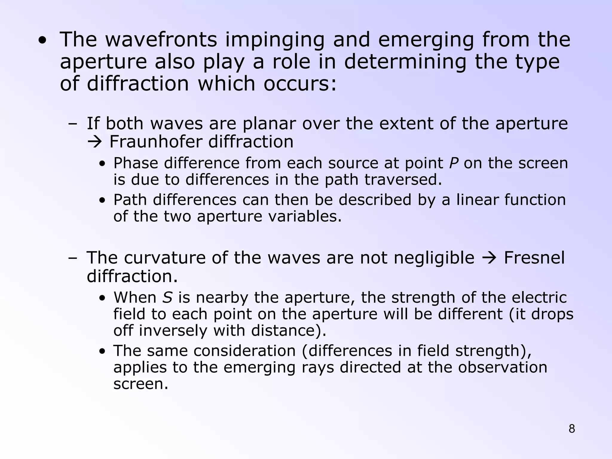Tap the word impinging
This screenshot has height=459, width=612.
click(x=275, y=40)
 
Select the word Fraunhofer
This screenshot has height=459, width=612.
click(x=155, y=142)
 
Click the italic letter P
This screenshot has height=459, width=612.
click(x=454, y=163)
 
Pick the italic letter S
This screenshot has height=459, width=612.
click(x=168, y=298)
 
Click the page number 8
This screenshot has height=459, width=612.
click(x=572, y=429)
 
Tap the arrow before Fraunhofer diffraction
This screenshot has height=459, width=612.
click(x=95, y=142)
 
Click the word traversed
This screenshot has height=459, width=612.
click(x=403, y=180)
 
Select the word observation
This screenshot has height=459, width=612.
click(x=503, y=367)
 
